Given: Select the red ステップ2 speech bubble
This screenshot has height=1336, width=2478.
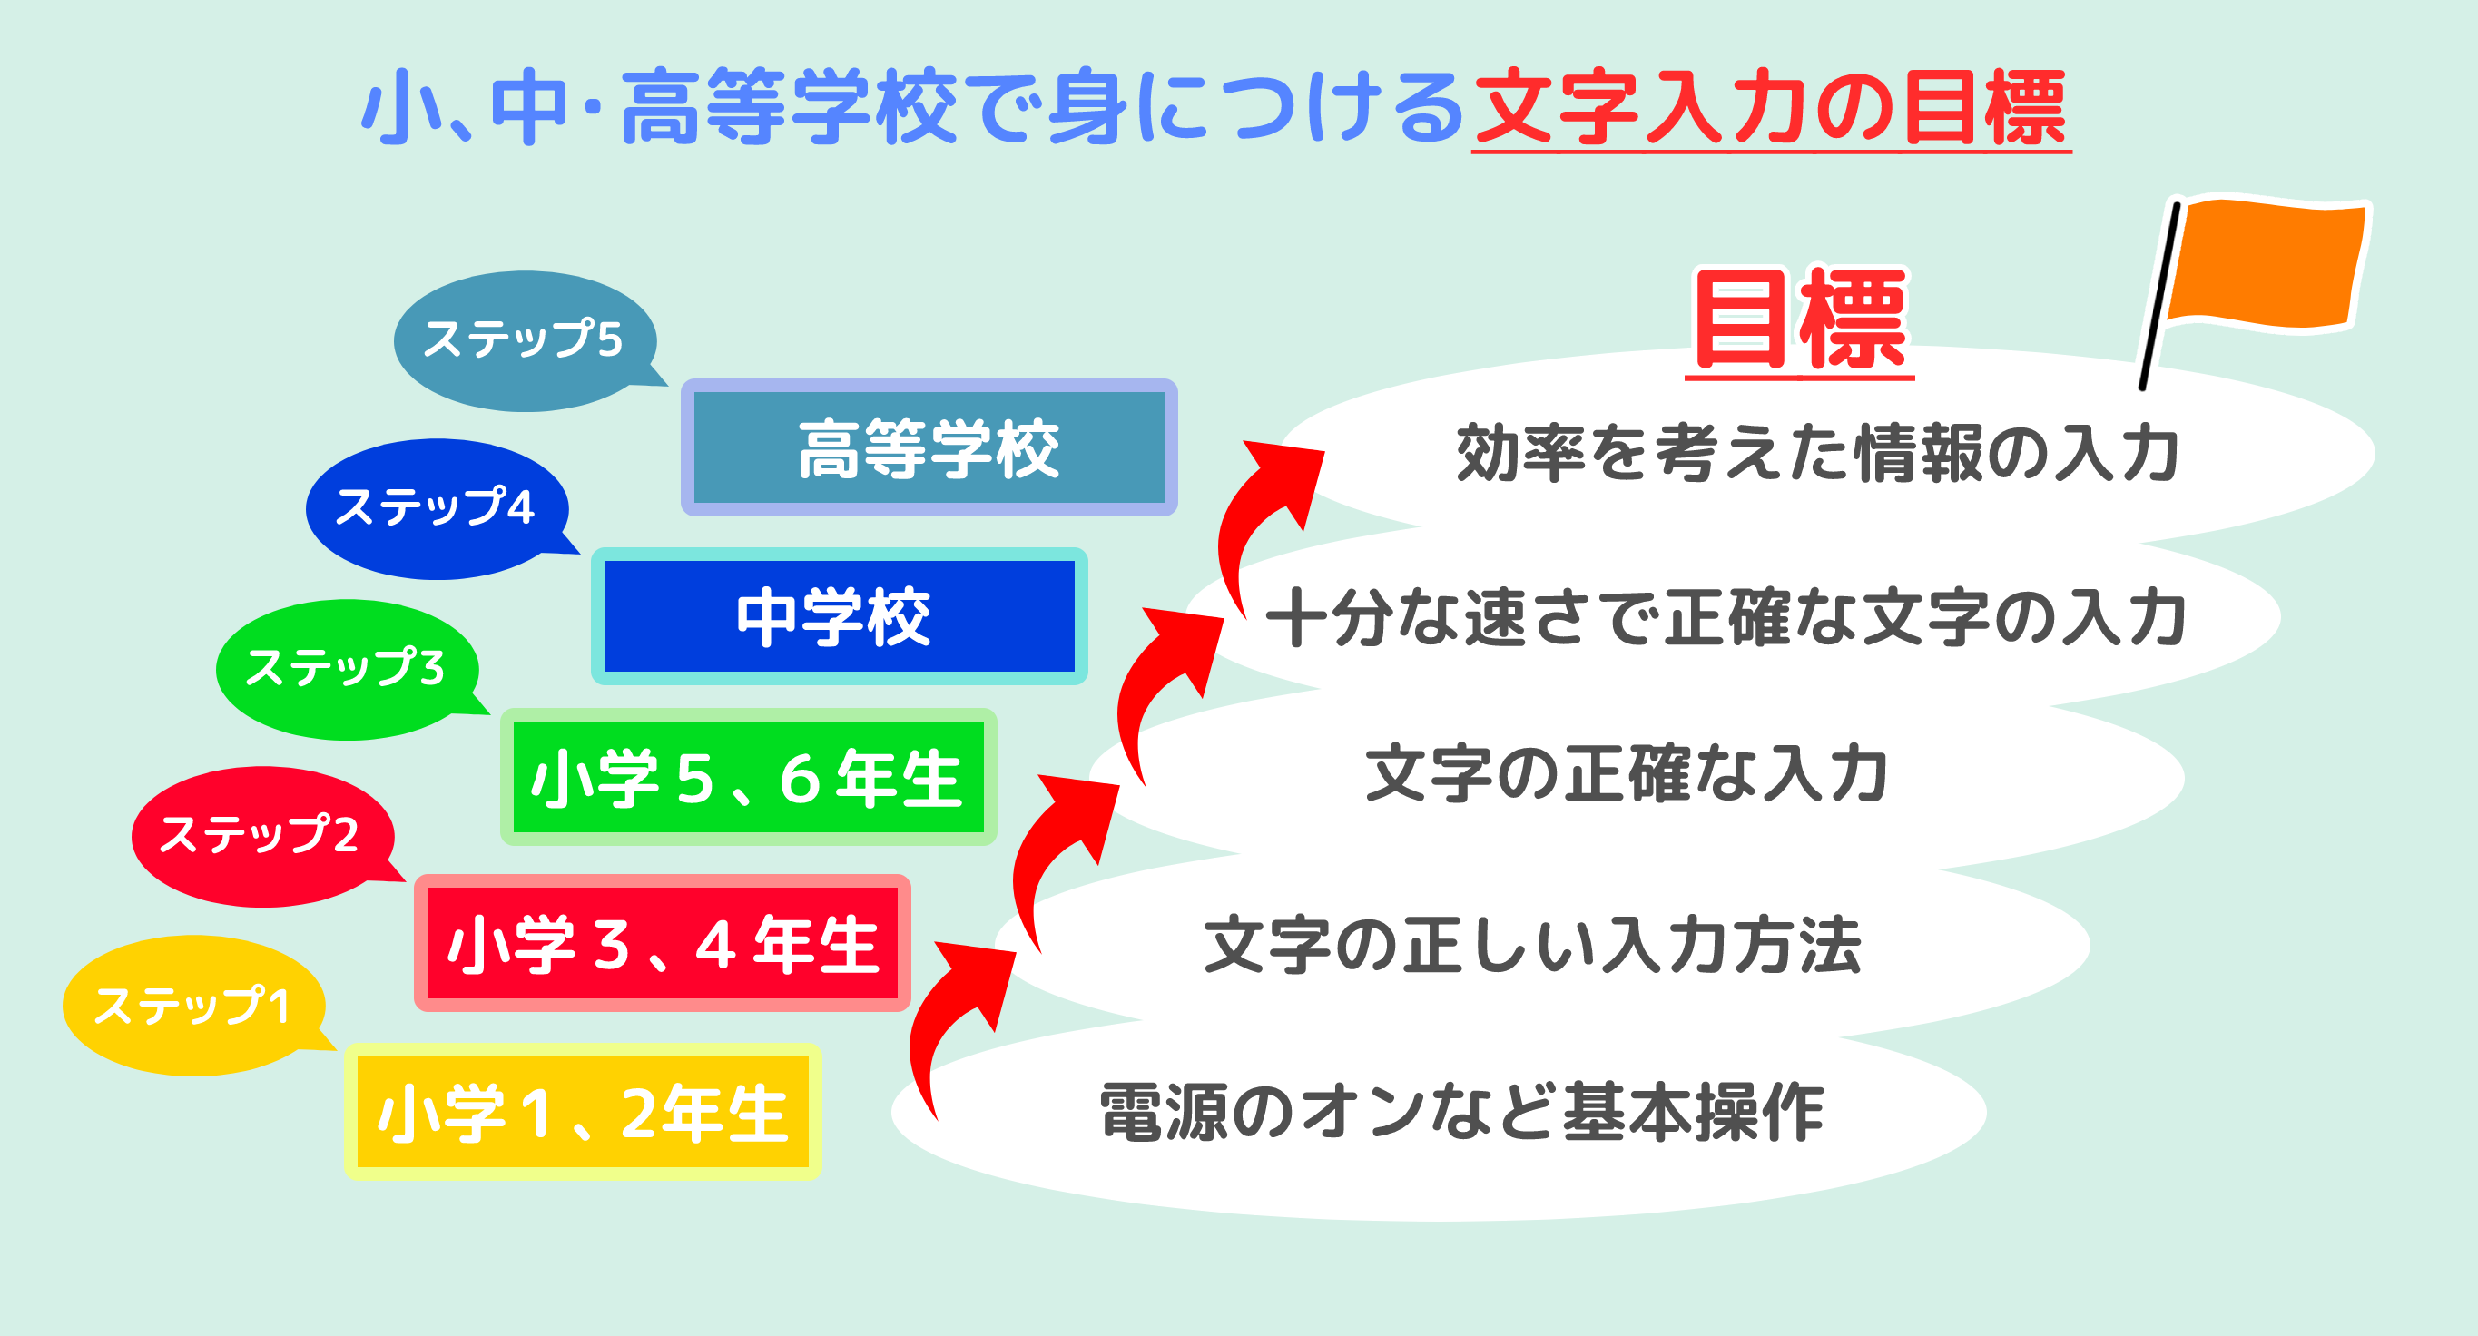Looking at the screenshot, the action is click(261, 836).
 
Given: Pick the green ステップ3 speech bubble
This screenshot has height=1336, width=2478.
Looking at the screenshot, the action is click(348, 670).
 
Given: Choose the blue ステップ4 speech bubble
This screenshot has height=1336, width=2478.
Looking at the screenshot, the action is click(437, 509).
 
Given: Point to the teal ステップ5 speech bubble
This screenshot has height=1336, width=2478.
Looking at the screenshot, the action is click(526, 340).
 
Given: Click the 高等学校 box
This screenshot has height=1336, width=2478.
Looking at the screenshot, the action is click(929, 447).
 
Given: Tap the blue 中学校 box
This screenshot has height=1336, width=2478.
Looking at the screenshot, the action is click(839, 616).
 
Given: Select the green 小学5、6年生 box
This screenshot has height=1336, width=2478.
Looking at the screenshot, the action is click(749, 777).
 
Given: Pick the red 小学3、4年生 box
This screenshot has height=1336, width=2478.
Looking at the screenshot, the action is click(662, 944).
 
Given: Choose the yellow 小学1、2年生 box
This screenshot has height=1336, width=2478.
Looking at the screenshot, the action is click(583, 1112).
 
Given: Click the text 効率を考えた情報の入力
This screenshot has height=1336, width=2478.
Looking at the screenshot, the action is click(1818, 453).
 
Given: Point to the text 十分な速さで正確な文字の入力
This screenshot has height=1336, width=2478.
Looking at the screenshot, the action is click(1726, 616).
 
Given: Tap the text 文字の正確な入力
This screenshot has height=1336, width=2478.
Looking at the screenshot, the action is click(1627, 774).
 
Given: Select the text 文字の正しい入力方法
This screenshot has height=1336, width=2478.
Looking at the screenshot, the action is click(1533, 945).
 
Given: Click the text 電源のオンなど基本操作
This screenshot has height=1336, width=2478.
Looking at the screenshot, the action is click(1462, 1112).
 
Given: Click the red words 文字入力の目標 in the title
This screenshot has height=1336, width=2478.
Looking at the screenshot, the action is click(1771, 108).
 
